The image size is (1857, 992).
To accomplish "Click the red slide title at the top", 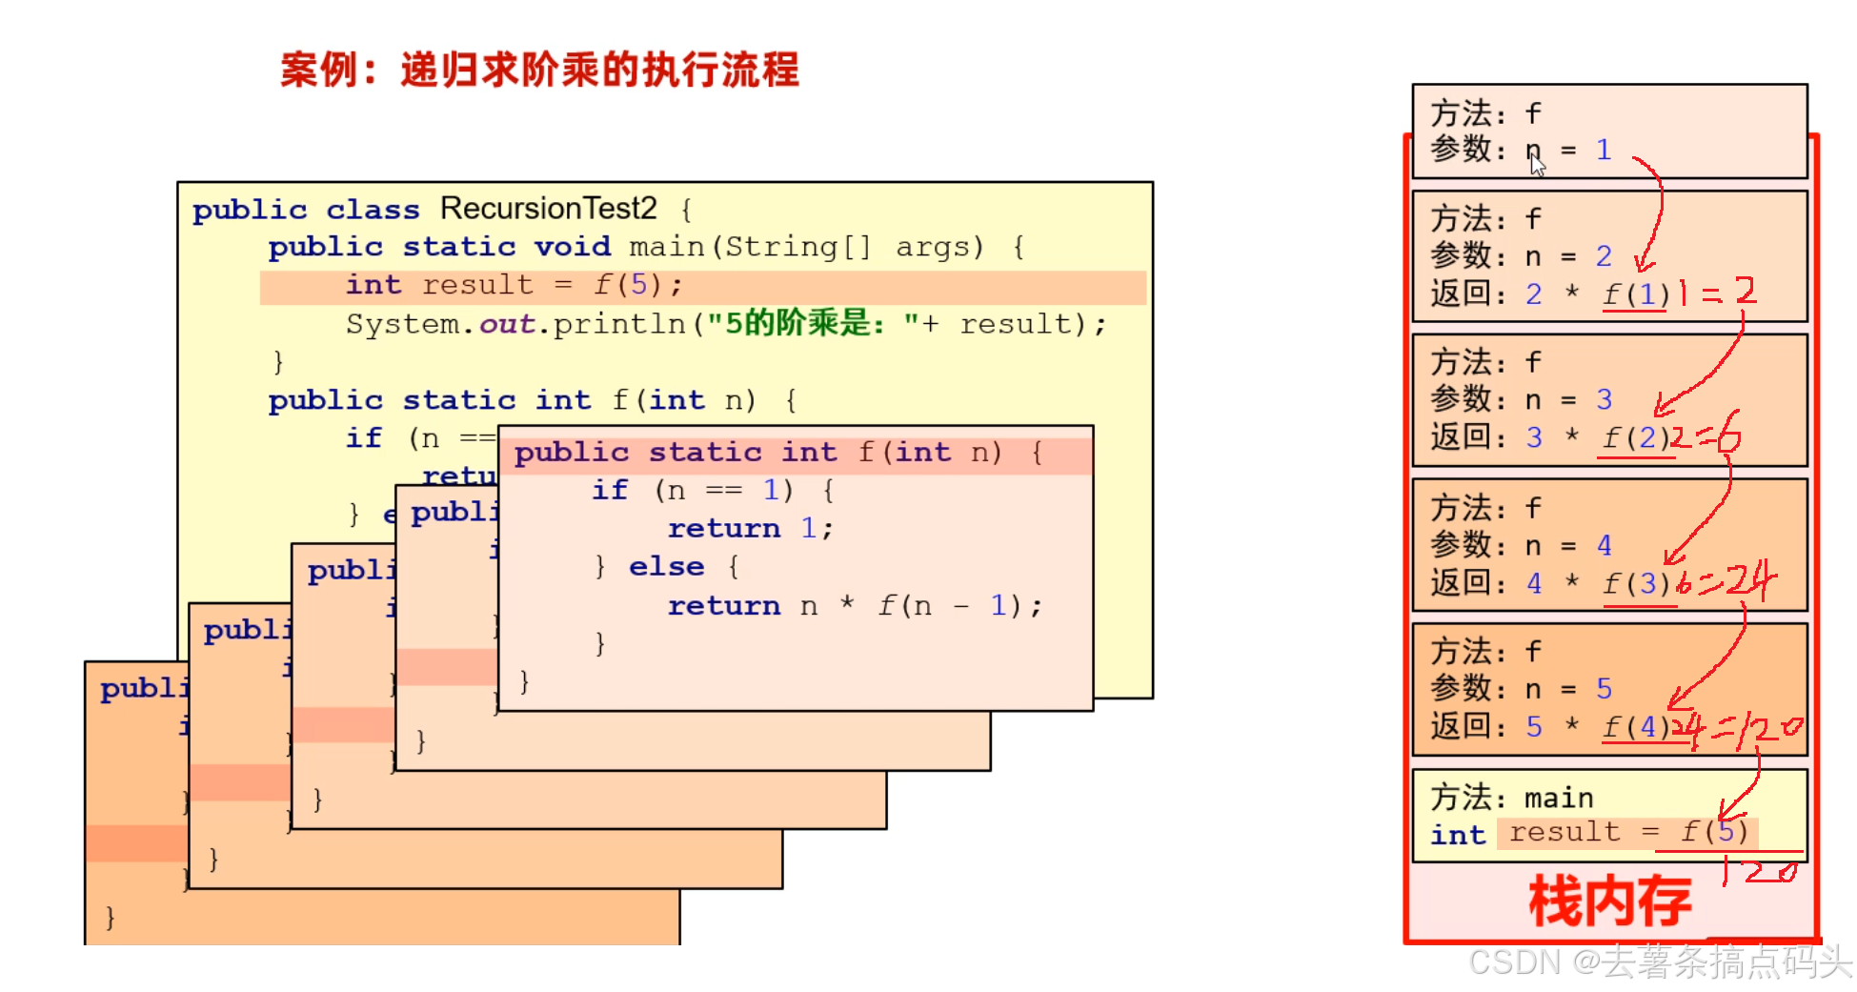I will (x=539, y=71).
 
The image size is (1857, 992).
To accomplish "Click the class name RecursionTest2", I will (x=548, y=208).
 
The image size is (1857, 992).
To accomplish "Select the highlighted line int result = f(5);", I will (x=514, y=285).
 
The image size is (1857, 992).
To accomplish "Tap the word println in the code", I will (x=618, y=324).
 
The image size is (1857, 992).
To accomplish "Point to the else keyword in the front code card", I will (x=666, y=566).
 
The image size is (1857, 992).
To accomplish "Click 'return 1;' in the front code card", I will (x=750, y=528).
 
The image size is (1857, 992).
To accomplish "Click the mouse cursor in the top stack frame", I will (x=1536, y=165).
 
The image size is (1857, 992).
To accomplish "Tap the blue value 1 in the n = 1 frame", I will (x=1604, y=150).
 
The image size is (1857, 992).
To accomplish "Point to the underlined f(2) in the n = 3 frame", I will (x=1635, y=437).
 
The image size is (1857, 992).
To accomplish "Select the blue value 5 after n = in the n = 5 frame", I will (x=1604, y=688).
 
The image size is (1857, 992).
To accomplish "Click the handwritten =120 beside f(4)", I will (x=1758, y=729).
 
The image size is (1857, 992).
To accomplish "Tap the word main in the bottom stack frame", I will (x=1559, y=798).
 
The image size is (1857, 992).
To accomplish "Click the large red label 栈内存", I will (x=1609, y=901).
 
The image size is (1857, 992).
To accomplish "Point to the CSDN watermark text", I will (x=1659, y=962).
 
